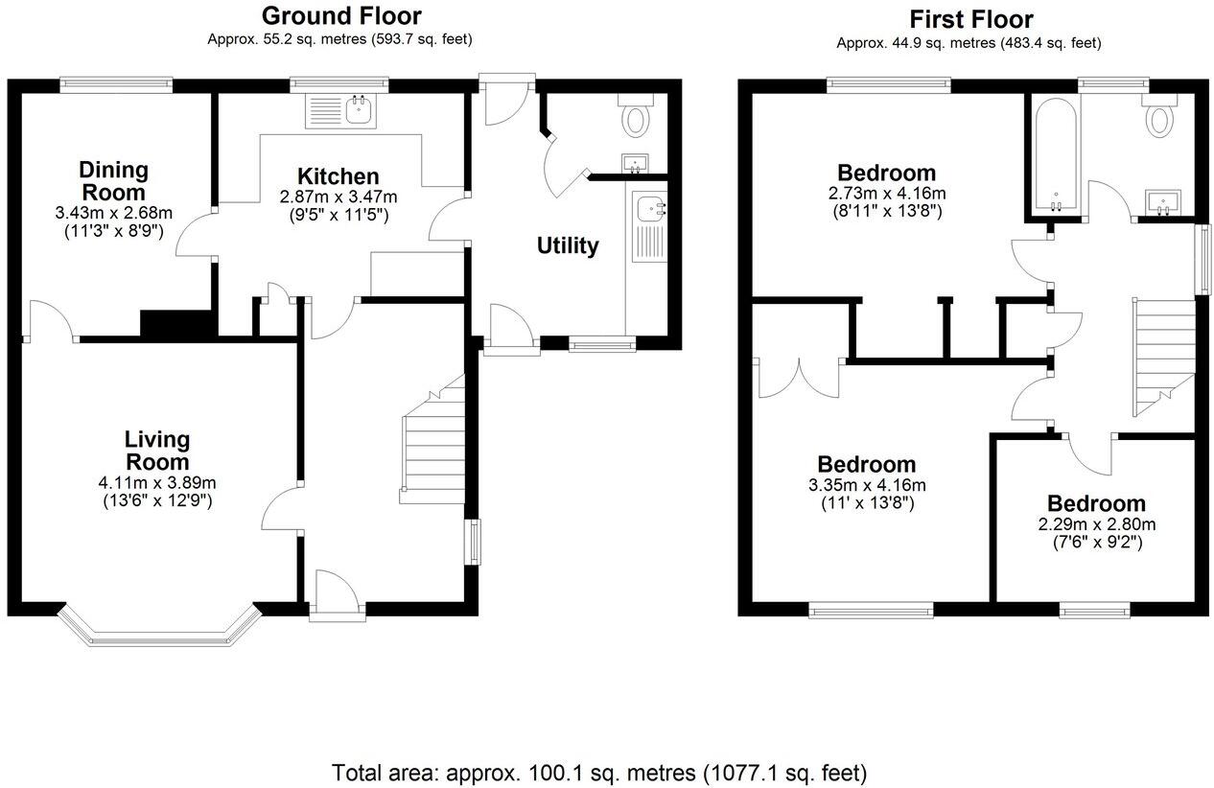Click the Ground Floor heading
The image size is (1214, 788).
click(x=340, y=16)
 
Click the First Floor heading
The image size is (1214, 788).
click(x=971, y=19)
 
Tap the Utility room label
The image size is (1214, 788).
click(x=567, y=245)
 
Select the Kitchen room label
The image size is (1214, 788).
click(x=338, y=176)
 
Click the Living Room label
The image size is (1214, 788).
click(x=157, y=451)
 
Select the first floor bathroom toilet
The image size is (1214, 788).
click(x=1161, y=119)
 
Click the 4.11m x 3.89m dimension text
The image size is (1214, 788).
click(x=157, y=482)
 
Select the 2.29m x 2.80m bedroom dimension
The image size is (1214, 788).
click(x=1095, y=524)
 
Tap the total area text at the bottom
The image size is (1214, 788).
click(x=599, y=772)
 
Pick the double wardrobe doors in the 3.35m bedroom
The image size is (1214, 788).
click(x=798, y=379)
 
